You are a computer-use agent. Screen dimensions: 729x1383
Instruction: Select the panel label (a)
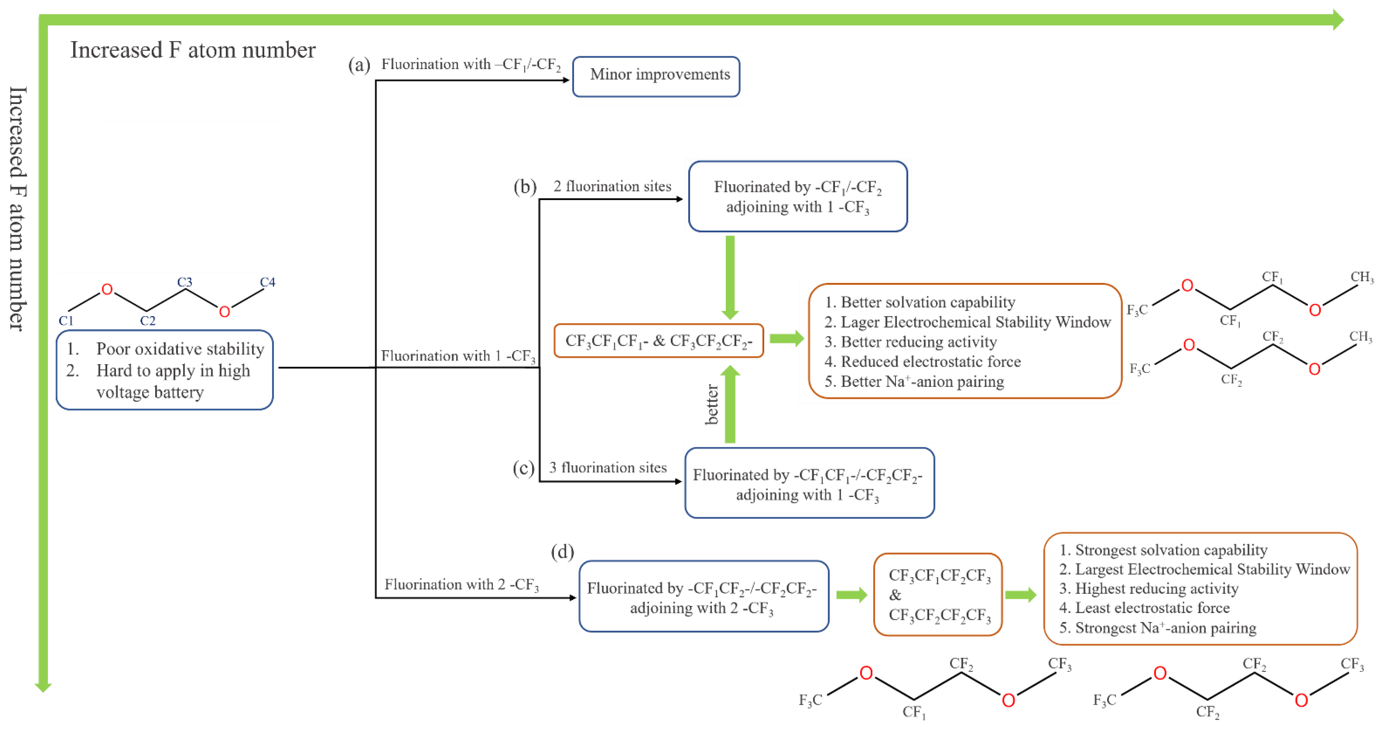359,65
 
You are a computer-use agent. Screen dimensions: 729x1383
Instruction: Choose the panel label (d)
562,552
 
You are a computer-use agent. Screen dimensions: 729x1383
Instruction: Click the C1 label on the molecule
66,321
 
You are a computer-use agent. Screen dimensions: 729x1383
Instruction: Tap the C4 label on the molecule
268,282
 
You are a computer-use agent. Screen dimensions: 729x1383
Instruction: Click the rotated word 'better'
711,404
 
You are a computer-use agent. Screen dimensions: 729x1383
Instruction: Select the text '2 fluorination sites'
612,186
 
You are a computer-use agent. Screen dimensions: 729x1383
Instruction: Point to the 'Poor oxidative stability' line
180,349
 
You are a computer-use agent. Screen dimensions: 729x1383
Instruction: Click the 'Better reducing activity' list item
918,342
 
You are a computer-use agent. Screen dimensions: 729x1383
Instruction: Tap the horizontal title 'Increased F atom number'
193,50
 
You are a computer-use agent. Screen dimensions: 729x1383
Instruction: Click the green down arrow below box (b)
730,277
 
